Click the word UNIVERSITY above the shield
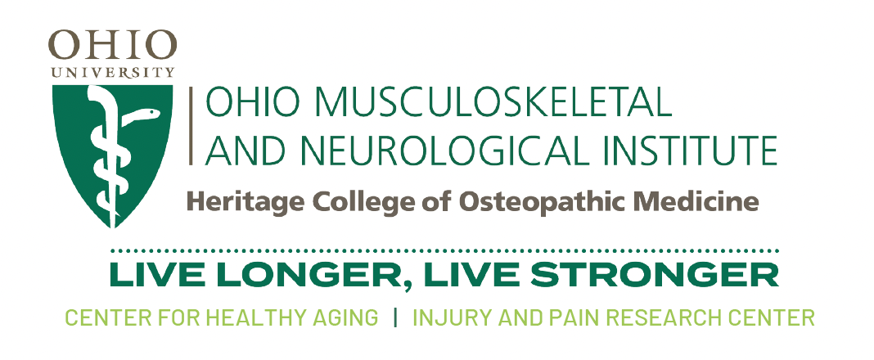pos(113,73)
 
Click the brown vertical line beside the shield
pos(191,126)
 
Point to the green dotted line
pos(444,251)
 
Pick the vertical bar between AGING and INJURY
pos(395,317)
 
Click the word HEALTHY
pos(264,317)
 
